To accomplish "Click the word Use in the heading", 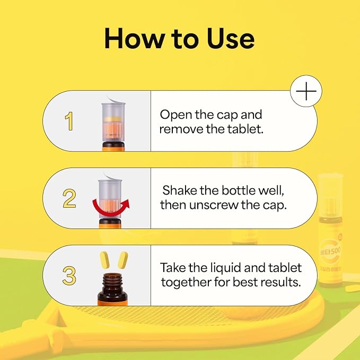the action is [231, 38].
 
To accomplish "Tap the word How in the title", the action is [133, 38].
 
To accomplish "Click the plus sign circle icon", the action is [306, 91].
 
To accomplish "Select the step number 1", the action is [69, 121].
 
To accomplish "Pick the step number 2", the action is [69, 198].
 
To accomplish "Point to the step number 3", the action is [69, 276].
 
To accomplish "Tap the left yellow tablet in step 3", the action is [104, 260].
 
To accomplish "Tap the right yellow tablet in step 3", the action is [123, 260].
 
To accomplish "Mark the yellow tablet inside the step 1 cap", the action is [112, 119].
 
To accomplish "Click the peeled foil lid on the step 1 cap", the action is [116, 100].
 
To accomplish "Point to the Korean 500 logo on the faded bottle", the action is [330, 252].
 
